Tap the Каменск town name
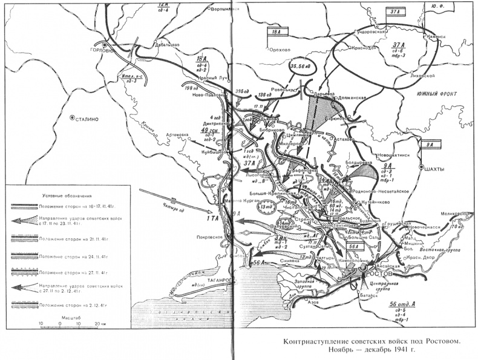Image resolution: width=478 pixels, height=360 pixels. pos(437,36)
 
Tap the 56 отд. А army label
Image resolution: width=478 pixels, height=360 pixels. pos(402,305)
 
